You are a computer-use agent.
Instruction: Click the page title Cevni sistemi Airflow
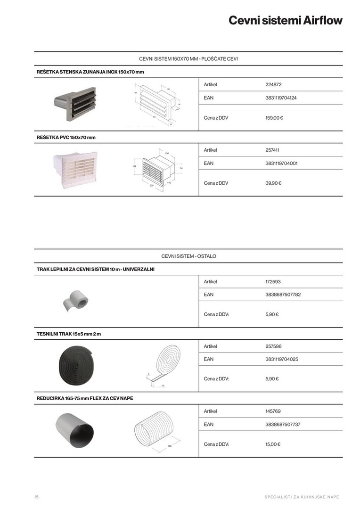(x=285, y=21)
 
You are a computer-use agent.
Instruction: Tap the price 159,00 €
(x=274, y=118)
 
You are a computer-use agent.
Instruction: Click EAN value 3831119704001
(x=281, y=164)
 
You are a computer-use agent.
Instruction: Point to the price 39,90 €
(x=273, y=183)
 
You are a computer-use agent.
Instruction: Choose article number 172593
(x=273, y=282)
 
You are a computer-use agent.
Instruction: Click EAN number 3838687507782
(x=283, y=295)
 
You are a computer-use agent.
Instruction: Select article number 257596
(x=273, y=346)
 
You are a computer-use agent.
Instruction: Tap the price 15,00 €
(x=273, y=444)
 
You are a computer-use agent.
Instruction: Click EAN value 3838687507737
(x=283, y=424)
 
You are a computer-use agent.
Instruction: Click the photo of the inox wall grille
(x=75, y=103)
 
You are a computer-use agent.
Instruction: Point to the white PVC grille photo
(x=75, y=168)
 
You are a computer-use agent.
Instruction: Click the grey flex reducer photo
(x=75, y=431)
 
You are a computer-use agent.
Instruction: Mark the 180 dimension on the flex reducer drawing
(x=169, y=445)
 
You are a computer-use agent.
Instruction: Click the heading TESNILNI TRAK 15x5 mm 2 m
(x=69, y=334)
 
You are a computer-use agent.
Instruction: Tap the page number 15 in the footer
(x=36, y=497)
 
